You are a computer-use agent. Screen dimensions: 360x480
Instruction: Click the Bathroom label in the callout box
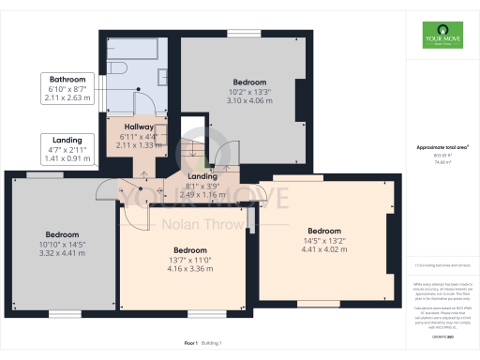(x=67, y=79)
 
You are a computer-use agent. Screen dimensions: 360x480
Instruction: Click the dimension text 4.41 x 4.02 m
(x=324, y=248)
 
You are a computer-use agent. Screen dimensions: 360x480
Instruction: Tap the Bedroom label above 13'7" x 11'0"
(x=189, y=250)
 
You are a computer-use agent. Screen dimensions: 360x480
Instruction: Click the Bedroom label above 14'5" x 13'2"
(x=324, y=231)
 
